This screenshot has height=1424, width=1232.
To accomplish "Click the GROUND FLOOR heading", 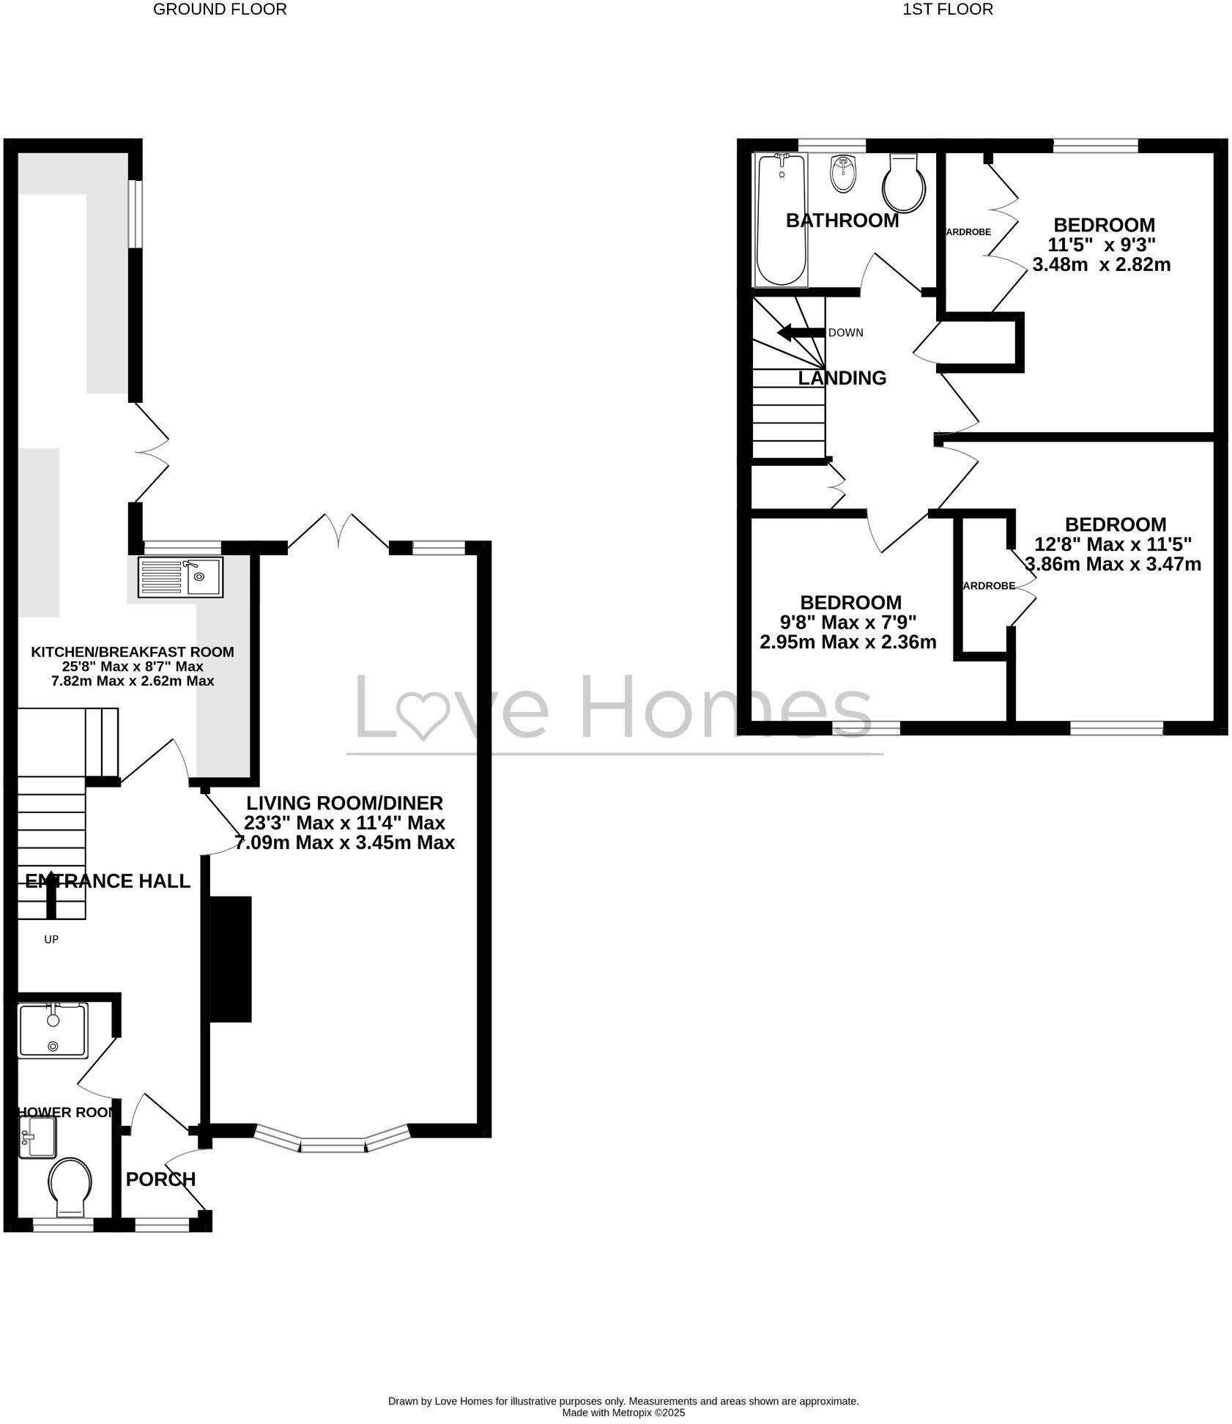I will tap(220, 10).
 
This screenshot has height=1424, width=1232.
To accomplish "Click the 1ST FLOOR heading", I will tap(948, 10).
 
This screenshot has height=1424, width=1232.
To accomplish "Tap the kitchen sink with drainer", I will tap(180, 577).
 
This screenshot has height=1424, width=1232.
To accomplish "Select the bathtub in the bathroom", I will tap(782, 219).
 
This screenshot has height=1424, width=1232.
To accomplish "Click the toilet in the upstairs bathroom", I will tap(905, 183).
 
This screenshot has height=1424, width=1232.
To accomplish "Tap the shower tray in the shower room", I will tap(53, 1031).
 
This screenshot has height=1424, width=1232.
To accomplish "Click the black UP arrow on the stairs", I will tap(51, 894).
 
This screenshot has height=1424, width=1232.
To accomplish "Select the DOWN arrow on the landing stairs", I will tap(800, 333).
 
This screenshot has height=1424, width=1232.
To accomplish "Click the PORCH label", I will tap(160, 1179).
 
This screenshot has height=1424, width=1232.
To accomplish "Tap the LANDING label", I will tap(842, 378).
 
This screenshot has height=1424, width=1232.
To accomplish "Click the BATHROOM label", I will tap(842, 220).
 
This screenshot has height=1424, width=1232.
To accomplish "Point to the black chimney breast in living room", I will tap(231, 959).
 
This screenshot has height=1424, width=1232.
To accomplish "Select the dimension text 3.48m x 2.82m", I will tap(1101, 264).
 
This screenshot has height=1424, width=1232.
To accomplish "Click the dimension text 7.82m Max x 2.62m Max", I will tap(133, 681).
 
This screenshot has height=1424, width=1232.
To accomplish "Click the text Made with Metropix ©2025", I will tap(623, 1412).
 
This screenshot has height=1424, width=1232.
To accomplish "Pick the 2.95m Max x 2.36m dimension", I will tap(848, 642).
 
